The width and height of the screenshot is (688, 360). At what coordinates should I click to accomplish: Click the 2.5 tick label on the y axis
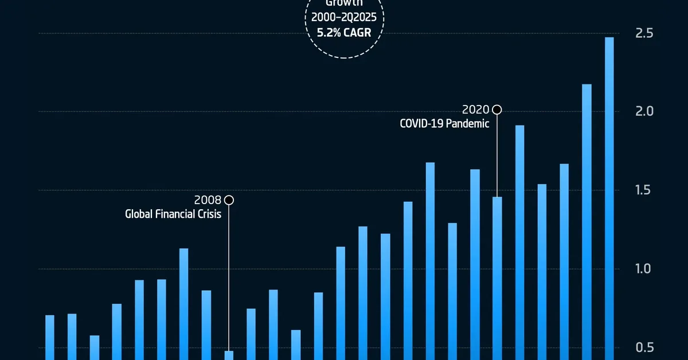(x=645, y=33)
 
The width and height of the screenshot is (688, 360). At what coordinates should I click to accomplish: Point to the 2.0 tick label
(x=645, y=111)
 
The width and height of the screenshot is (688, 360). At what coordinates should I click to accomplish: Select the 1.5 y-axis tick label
(x=645, y=190)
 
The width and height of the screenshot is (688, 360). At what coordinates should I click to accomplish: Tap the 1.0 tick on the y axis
(x=645, y=269)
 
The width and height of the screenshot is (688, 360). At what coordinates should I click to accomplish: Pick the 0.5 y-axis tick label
(x=645, y=347)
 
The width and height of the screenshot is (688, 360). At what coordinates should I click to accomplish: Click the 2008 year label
(x=208, y=200)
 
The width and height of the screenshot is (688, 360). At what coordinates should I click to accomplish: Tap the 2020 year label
(x=475, y=109)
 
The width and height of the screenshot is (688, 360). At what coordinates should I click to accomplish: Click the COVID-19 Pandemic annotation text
(x=444, y=124)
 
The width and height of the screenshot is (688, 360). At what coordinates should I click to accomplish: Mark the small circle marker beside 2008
(x=229, y=200)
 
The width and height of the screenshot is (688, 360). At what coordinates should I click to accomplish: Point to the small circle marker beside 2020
(x=497, y=109)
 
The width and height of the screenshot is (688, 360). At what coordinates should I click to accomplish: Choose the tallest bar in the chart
(x=609, y=201)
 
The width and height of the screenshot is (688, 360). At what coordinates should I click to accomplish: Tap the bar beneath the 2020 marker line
(x=497, y=281)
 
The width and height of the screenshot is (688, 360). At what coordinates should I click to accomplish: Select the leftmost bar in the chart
(x=50, y=338)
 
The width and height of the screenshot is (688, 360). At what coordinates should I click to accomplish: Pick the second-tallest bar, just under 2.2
(x=587, y=224)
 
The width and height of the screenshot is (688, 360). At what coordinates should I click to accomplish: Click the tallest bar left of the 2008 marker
(x=184, y=304)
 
